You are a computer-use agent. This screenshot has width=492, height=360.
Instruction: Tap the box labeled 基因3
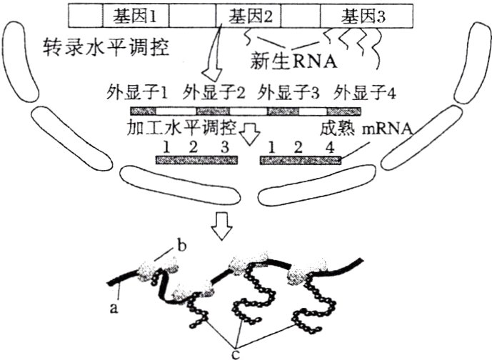(x=362, y=14)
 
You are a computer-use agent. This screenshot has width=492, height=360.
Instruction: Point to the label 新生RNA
(x=294, y=61)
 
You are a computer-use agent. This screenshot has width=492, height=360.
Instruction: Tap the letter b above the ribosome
(x=181, y=246)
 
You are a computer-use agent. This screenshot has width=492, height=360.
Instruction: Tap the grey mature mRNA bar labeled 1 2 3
(x=193, y=160)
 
